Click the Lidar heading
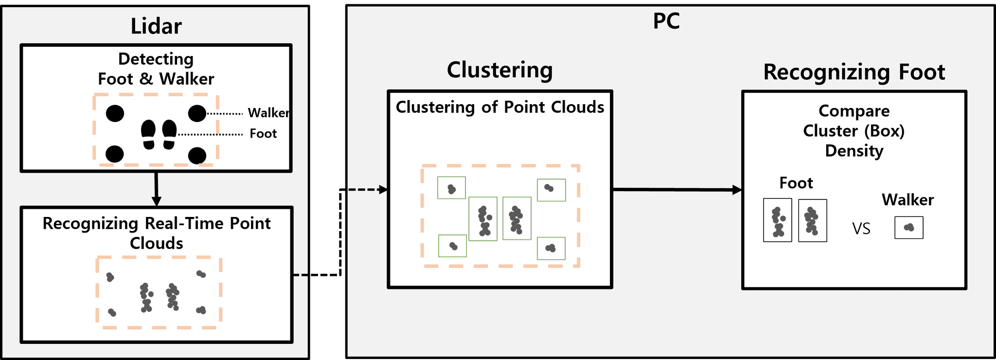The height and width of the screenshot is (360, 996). pos(156,26)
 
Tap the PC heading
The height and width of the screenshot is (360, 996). pos(666,21)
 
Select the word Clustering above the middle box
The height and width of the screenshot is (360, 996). pos(500,70)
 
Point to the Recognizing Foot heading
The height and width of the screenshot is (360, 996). pos(854,72)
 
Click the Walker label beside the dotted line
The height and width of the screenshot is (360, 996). pos(268,113)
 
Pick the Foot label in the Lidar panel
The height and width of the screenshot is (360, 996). pos(263,134)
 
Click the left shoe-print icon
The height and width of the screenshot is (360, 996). pos(148,135)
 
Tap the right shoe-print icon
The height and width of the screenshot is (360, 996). pos(169,135)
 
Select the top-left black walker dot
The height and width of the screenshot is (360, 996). pos(115,113)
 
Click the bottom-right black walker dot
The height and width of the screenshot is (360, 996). pos(197,156)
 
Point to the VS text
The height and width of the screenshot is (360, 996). pos(861,229)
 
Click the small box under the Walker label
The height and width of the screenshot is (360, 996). pos(908,228)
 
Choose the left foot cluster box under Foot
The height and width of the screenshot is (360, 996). pos(778,220)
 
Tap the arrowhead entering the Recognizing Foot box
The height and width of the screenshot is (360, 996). pos(737,190)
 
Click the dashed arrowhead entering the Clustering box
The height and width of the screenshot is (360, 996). pos(383,190)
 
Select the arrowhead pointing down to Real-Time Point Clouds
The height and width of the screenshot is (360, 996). pos(156,201)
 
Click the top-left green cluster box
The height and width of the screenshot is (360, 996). pos(451,188)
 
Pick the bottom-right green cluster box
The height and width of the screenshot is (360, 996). pos(551,248)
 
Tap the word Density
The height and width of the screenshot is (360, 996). pos(854,151)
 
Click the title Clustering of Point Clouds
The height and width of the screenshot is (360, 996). pos(500,108)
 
